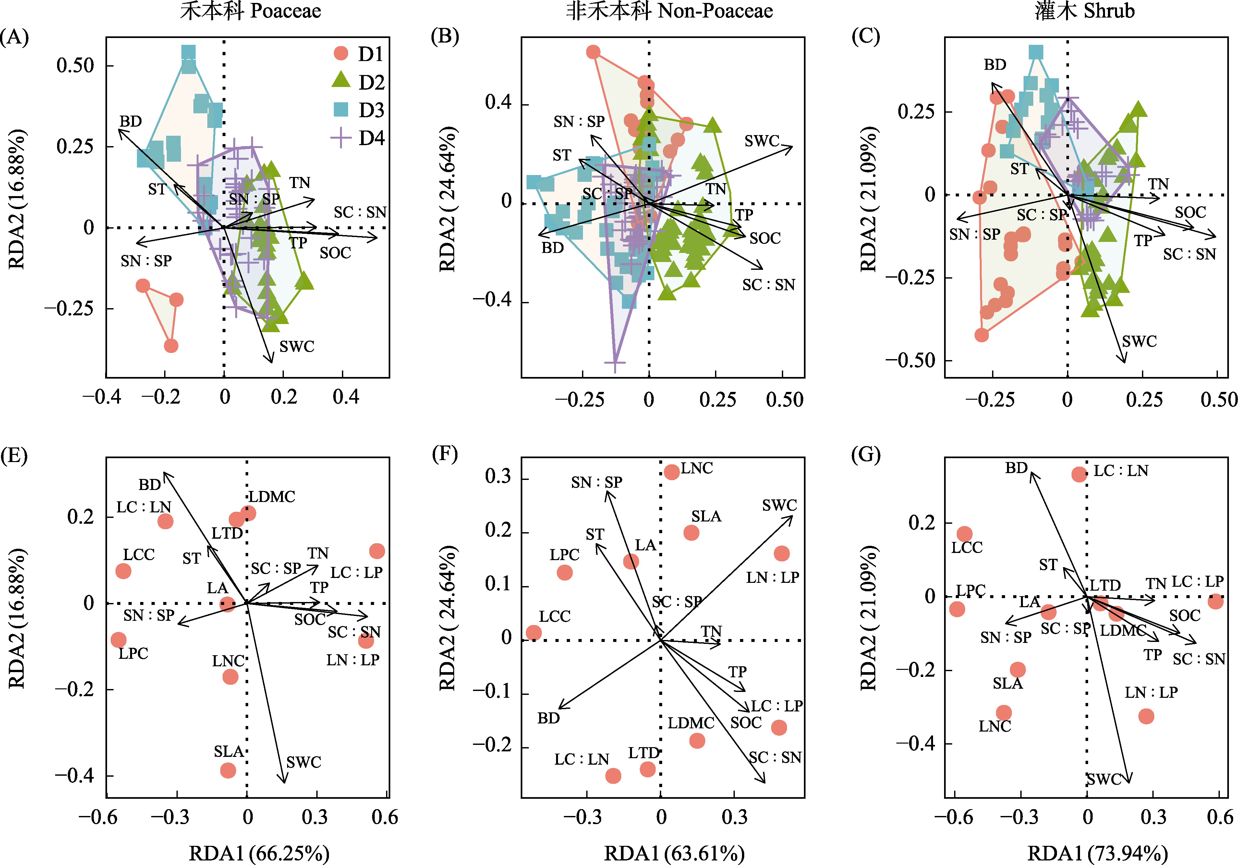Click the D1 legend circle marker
coord(341,54)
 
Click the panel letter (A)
coord(15,37)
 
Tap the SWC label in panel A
coord(297,346)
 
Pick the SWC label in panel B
coord(762,141)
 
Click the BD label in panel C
coord(995,65)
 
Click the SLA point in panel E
coord(228,770)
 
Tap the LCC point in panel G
coord(965,534)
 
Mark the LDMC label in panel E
coord(272,496)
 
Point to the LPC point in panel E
coord(119,640)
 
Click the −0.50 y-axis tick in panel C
coord(910,360)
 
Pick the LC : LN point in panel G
coord(1079,474)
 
